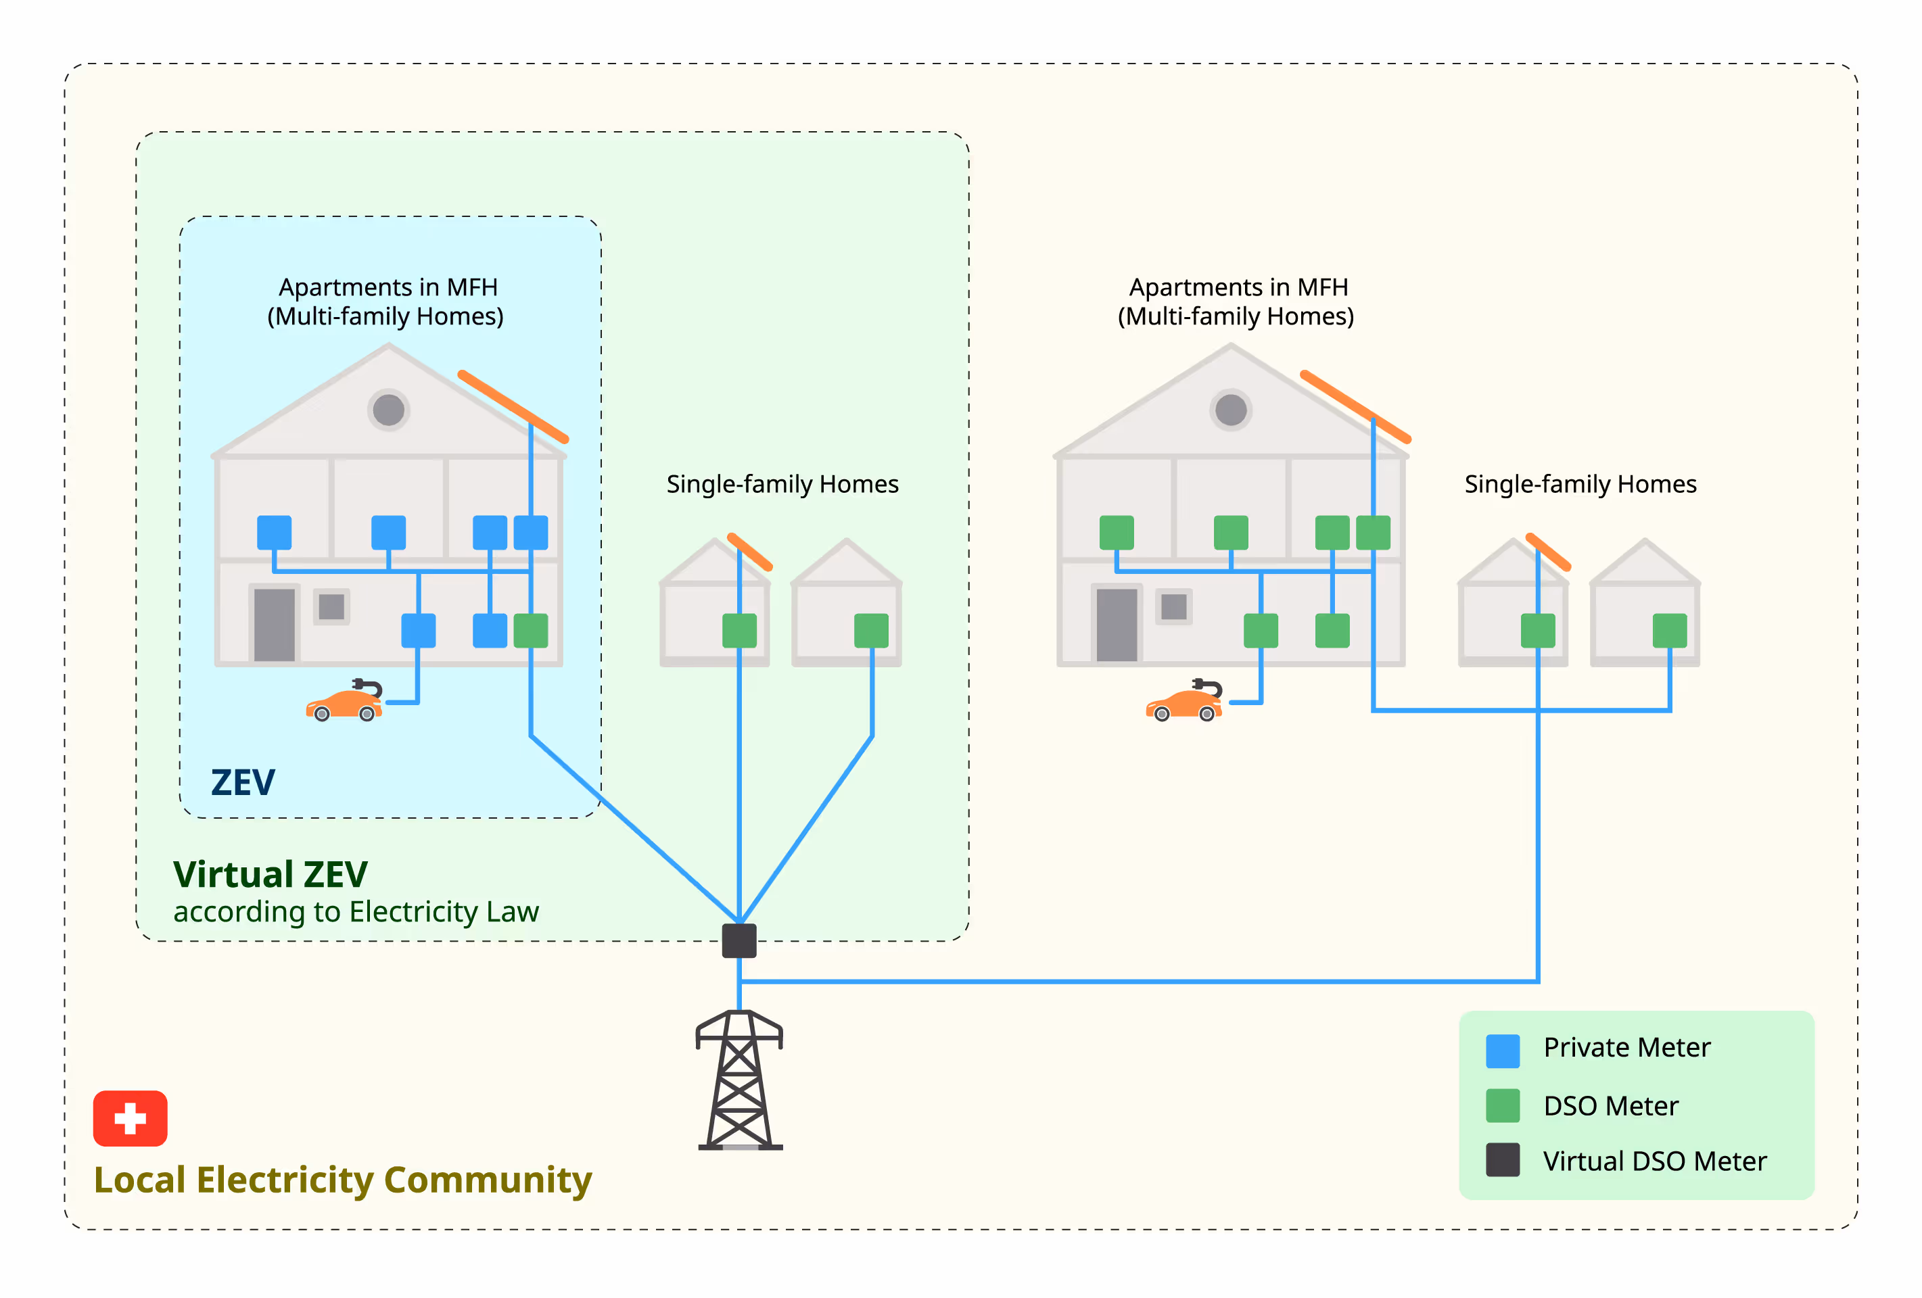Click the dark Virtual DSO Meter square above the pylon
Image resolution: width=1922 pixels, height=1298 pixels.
click(x=739, y=941)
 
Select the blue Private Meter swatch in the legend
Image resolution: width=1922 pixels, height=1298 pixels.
click(x=1502, y=1051)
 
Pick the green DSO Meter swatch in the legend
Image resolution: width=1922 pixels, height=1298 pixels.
click(x=1502, y=1105)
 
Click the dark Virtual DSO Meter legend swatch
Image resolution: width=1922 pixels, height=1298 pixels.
click(x=1502, y=1160)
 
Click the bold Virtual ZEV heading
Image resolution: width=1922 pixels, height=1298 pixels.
click(x=270, y=874)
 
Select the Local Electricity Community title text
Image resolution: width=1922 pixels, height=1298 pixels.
click(x=342, y=1180)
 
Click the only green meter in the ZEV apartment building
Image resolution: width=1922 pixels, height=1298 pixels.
click(x=530, y=631)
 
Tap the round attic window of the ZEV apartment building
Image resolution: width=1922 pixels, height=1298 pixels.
click(x=388, y=409)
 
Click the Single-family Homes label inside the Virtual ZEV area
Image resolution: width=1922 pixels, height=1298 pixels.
click(x=782, y=483)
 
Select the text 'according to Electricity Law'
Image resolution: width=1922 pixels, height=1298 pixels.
click(x=356, y=912)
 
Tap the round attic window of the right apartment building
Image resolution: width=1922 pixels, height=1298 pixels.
click(x=1231, y=409)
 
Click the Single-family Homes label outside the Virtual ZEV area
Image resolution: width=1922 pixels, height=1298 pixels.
click(x=1580, y=483)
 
